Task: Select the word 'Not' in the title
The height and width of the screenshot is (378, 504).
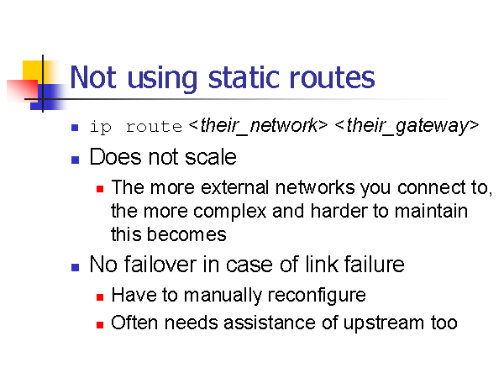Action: (93, 77)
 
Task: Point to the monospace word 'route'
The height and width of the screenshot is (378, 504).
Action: (154, 127)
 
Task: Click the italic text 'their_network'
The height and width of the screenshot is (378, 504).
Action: (259, 126)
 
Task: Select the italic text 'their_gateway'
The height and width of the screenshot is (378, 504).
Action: (407, 126)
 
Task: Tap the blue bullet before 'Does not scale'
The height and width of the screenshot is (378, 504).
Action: (75, 160)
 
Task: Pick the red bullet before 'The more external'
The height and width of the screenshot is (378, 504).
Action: (100, 189)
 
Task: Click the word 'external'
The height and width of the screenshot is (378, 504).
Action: (234, 187)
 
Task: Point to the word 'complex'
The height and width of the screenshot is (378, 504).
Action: (230, 212)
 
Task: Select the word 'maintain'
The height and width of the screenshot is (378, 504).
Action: (431, 211)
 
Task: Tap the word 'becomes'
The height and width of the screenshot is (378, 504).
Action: (186, 234)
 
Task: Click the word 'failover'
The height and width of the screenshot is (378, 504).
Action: (160, 265)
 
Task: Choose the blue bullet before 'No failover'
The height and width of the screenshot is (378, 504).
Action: (75, 267)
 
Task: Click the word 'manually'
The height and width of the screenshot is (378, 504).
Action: (223, 296)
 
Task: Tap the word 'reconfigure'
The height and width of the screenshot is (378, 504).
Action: (317, 296)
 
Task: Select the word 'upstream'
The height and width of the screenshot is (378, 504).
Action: (384, 323)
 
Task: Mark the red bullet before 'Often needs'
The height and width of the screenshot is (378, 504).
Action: (100, 324)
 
